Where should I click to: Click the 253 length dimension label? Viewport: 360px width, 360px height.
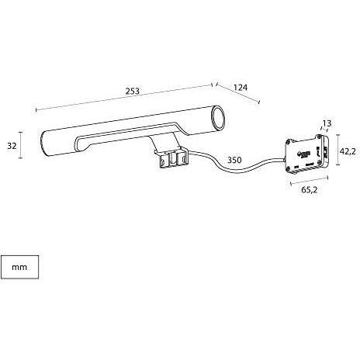pyautogui.click(x=133, y=91)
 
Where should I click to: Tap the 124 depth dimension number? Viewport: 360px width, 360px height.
pyautogui.click(x=241, y=88)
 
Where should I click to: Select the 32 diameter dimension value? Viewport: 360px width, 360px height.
pyautogui.click(x=12, y=146)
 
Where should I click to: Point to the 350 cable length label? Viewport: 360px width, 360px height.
pyautogui.click(x=234, y=160)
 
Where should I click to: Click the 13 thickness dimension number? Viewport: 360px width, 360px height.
pyautogui.click(x=327, y=123)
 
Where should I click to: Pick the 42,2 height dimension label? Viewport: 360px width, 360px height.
pyautogui.click(x=348, y=151)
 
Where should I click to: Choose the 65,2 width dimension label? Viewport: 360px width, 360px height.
pyautogui.click(x=310, y=190)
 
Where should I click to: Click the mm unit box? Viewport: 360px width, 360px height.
pyautogui.click(x=20, y=267)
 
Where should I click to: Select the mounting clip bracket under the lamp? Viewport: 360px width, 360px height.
pyautogui.click(x=171, y=160)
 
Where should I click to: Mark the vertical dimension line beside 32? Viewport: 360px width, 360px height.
pyautogui.click(x=21, y=145)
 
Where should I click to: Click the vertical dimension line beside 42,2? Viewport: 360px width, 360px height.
pyautogui.click(x=337, y=150)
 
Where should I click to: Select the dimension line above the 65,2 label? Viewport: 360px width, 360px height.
pyautogui.click(x=310, y=181)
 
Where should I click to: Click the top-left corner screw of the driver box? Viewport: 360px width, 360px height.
pyautogui.click(x=289, y=141)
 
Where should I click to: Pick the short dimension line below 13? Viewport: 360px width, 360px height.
pyautogui.click(x=326, y=128)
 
